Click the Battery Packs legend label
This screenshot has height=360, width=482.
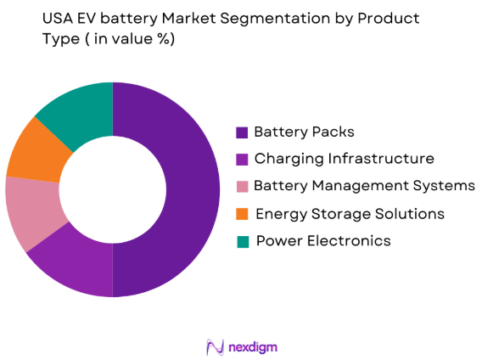[304, 132]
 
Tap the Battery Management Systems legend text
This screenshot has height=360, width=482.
[363, 186]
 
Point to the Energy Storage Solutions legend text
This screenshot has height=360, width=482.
[349, 213]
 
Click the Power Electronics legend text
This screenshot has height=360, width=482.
[322, 240]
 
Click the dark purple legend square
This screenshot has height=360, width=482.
[243, 132]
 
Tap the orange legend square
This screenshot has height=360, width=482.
[243, 214]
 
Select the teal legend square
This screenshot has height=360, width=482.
[243, 241]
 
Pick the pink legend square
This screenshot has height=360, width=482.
[243, 187]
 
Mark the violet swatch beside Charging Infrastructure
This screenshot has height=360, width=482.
[243, 160]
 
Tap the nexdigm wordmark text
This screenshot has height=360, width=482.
[252, 346]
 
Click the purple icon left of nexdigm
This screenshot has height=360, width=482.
[215, 346]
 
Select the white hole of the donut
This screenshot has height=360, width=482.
[112, 189]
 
